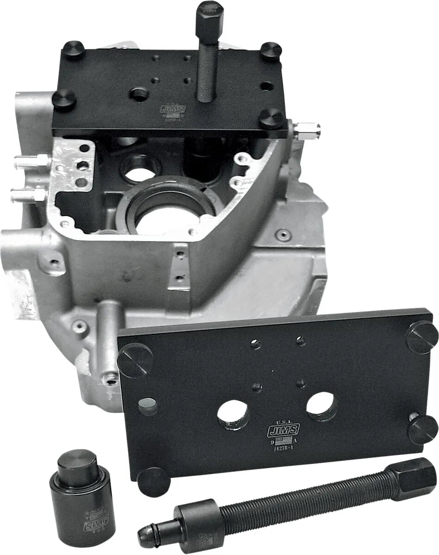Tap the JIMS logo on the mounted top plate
point(173,109)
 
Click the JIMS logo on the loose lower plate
point(283,430)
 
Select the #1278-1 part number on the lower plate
point(283,449)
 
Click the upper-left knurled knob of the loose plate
point(135,360)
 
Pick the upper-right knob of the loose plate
point(421,337)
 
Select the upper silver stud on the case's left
point(31,161)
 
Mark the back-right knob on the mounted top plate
point(271,51)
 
